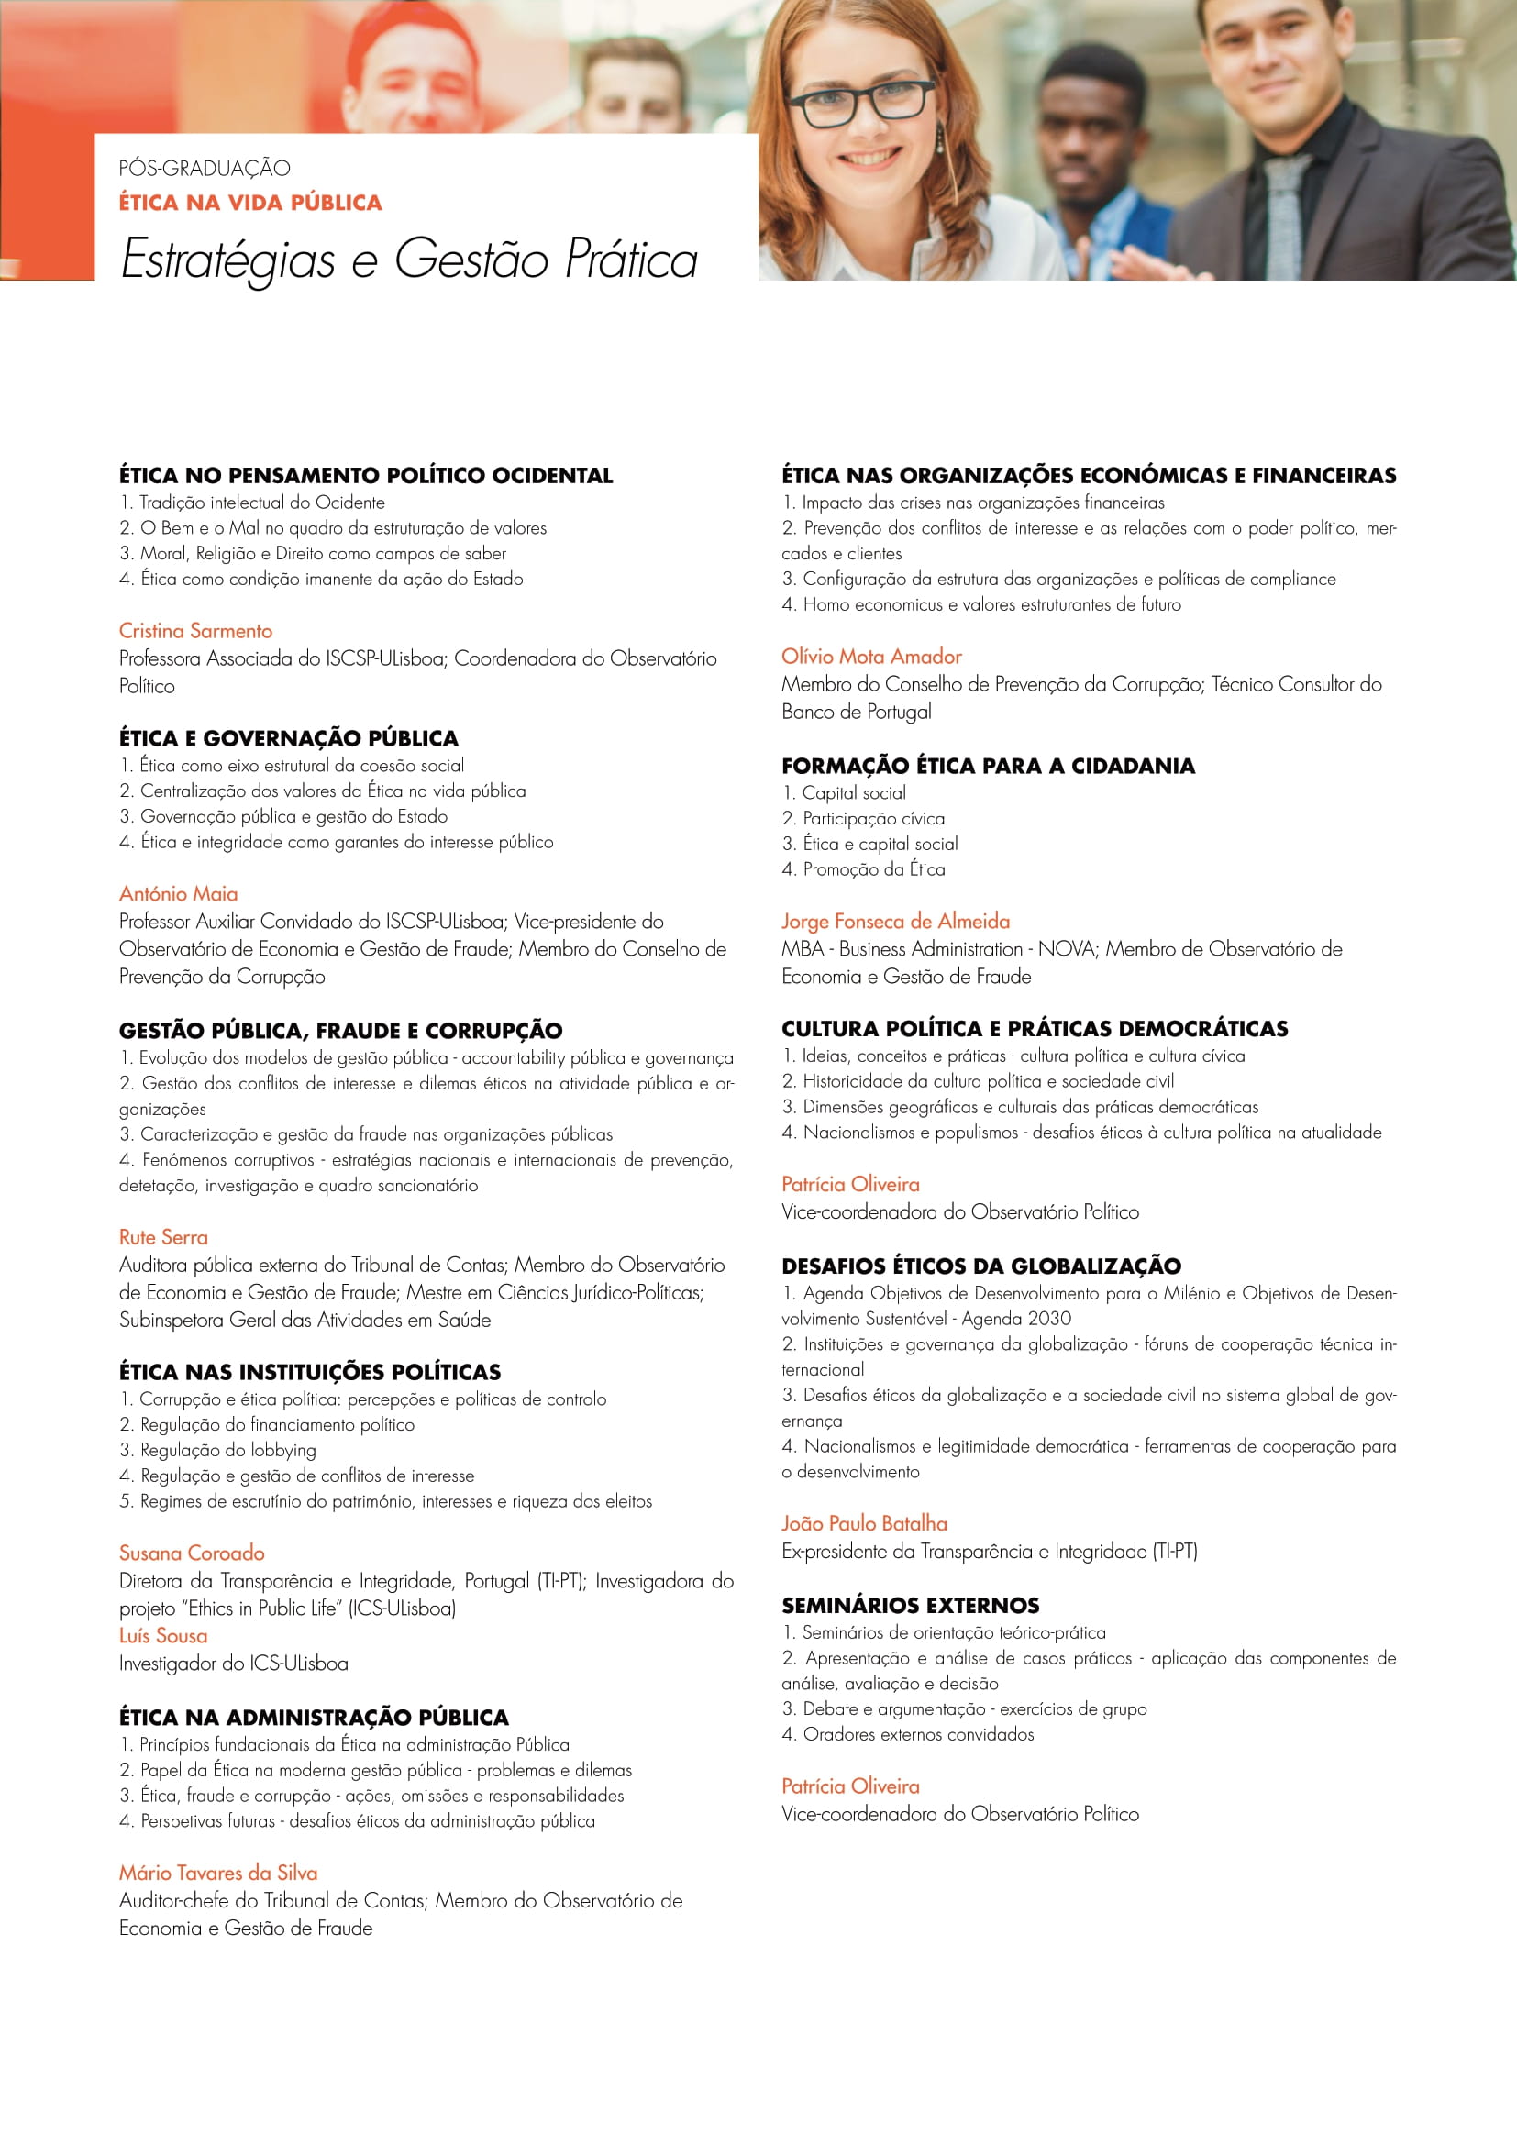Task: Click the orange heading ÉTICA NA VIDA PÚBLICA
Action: coord(250,203)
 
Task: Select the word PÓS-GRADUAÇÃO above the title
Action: coord(205,168)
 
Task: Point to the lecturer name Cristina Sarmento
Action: coord(195,631)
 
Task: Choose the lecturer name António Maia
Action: coord(179,893)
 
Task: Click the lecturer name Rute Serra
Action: coord(163,1237)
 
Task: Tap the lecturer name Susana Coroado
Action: coord(192,1553)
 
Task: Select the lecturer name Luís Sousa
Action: coord(163,1636)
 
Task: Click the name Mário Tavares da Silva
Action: coord(217,1873)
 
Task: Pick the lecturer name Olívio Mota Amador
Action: coord(871,656)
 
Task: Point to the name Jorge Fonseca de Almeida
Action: coord(896,921)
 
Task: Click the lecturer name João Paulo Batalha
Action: coord(864,1523)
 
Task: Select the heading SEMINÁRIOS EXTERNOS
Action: coord(911,1605)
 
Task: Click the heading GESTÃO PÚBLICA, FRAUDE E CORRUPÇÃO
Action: coord(341,1031)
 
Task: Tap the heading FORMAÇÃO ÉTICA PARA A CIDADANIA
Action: coord(989,766)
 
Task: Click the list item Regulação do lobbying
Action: coord(228,1450)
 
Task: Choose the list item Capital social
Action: coord(854,792)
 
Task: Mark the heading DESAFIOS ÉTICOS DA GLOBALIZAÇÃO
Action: coord(981,1266)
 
